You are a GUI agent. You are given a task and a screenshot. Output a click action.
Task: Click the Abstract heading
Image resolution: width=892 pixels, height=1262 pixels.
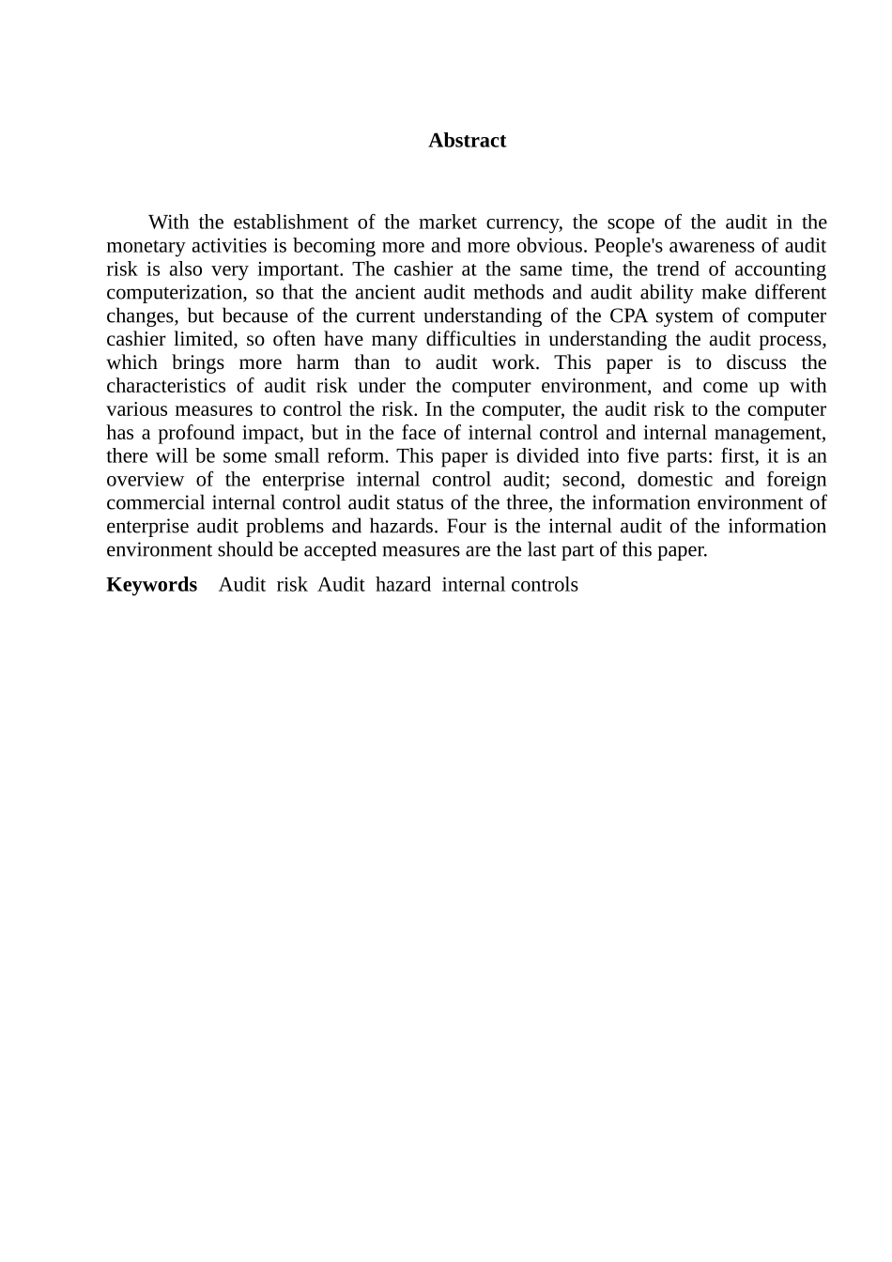[x=467, y=141]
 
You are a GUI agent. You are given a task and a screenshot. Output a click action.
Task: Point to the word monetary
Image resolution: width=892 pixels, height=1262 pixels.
[x=145, y=246]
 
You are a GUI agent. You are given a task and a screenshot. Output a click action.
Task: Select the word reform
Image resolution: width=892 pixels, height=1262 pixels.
[x=361, y=457]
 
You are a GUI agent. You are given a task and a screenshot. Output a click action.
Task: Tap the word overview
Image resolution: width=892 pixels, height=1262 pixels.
[x=145, y=480]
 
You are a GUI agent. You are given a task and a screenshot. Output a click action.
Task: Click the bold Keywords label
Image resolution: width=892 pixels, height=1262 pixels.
[x=152, y=585]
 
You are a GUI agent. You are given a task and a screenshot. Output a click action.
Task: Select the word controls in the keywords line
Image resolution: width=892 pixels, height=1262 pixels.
[x=545, y=585]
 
